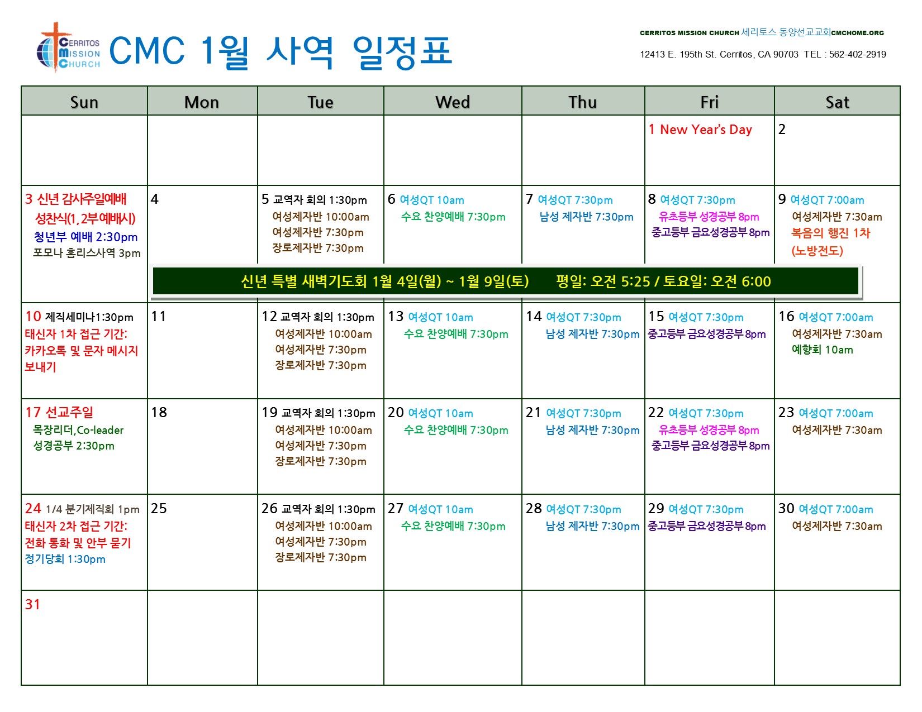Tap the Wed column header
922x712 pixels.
(x=452, y=102)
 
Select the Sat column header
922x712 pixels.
(x=837, y=102)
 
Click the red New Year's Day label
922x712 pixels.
(x=706, y=130)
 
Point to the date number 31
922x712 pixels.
(x=32, y=604)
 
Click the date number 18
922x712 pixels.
(x=159, y=412)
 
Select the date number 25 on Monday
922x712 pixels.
(x=159, y=508)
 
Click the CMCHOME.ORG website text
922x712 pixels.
(x=857, y=32)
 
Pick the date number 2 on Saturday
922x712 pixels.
(x=782, y=130)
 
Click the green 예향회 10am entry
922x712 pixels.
(x=822, y=350)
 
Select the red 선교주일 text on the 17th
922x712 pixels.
(x=69, y=412)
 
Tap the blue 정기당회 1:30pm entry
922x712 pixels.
(x=65, y=559)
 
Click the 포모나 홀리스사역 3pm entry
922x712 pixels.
(x=87, y=253)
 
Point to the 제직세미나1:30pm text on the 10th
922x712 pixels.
(x=89, y=317)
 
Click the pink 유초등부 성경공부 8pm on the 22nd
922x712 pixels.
(x=709, y=430)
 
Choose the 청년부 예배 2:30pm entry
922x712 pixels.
(x=85, y=237)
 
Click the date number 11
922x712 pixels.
(x=158, y=316)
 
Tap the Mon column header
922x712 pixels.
(x=202, y=102)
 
